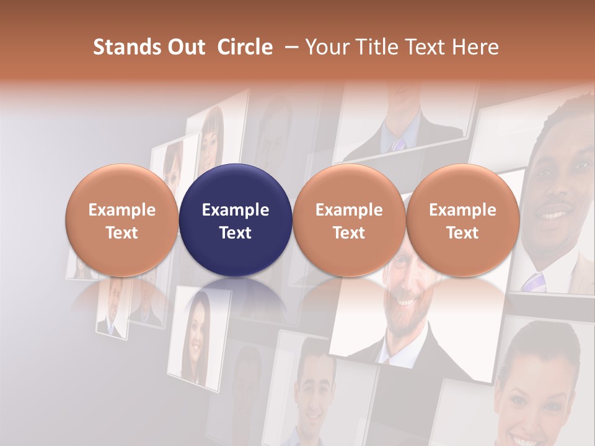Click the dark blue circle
(236, 220)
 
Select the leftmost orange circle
(121, 220)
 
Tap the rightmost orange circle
(462, 220)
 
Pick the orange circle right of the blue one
(349, 220)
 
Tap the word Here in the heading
(476, 47)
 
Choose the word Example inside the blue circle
(236, 210)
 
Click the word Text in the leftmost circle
(121, 233)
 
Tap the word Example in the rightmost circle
(462, 210)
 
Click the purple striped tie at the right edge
(534, 282)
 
